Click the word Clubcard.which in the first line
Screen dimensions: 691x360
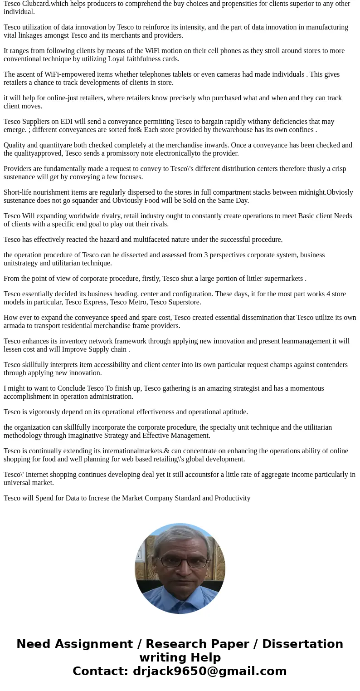click(47, 4)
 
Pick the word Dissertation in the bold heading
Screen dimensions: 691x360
click(302, 644)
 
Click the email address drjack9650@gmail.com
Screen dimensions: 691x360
click(209, 671)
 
